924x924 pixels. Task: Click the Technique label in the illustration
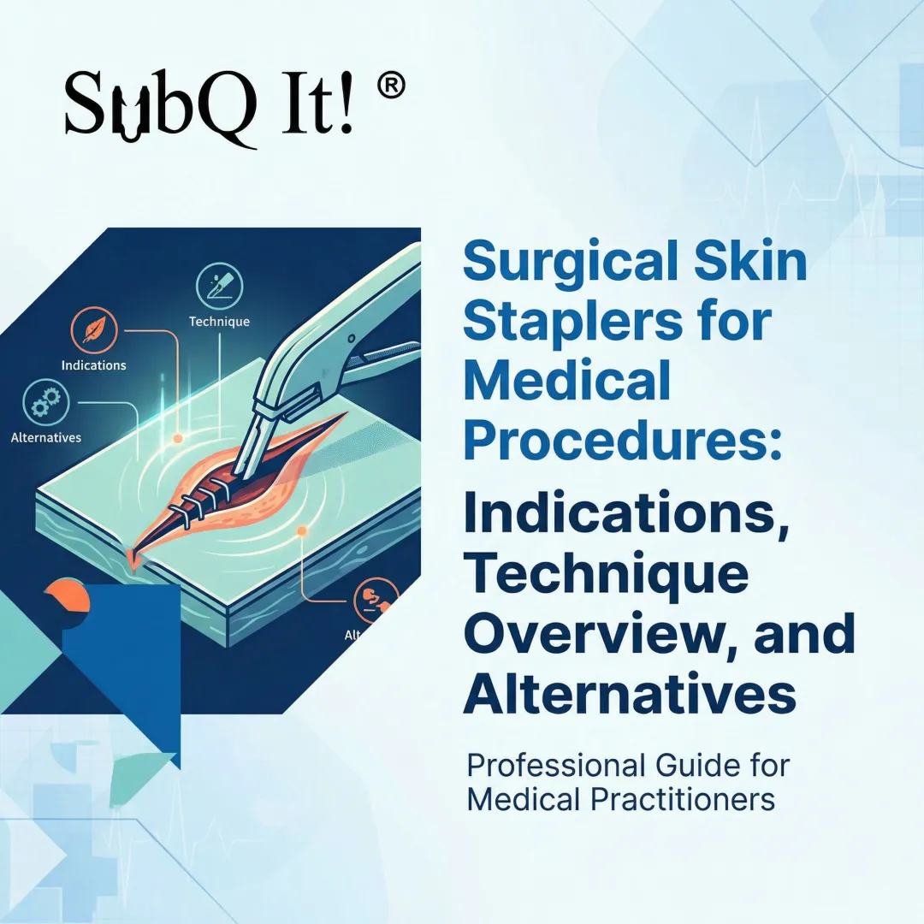pos(219,322)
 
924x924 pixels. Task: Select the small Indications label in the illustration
pos(94,365)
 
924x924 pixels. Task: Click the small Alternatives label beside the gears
pos(46,437)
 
